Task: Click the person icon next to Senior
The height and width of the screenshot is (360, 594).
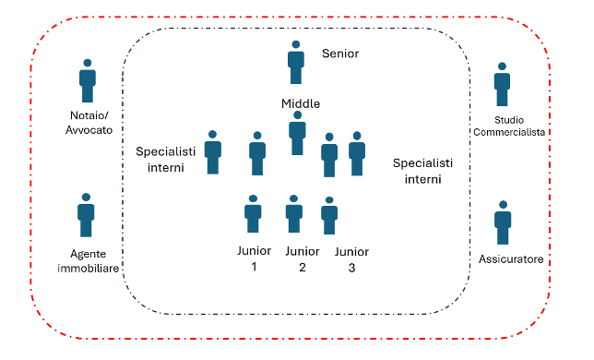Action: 296,63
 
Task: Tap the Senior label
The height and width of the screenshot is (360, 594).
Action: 340,54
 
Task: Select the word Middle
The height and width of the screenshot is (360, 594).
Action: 301,103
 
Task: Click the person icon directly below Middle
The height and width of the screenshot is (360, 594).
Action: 297,133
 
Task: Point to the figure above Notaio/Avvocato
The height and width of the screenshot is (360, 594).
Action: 88,80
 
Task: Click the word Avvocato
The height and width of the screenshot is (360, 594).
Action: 89,130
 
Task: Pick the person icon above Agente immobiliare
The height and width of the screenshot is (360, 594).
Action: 86,215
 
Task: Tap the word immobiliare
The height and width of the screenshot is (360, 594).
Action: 89,269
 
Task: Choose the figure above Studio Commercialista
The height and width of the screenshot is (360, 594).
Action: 502,84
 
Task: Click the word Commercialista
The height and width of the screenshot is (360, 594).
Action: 509,132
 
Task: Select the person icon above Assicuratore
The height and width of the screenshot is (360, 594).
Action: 503,222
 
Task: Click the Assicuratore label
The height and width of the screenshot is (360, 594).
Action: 511,259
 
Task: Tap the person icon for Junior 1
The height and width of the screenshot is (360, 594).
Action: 253,214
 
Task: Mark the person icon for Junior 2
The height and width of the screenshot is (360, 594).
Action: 294,214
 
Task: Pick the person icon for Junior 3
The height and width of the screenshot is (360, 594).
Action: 329,215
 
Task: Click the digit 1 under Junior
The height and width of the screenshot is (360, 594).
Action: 255,267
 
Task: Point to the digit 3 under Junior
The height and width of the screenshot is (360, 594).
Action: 351,268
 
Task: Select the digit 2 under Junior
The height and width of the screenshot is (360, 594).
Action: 302,267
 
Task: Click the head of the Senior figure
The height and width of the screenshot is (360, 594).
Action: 296,44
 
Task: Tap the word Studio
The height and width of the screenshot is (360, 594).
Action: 509,120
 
